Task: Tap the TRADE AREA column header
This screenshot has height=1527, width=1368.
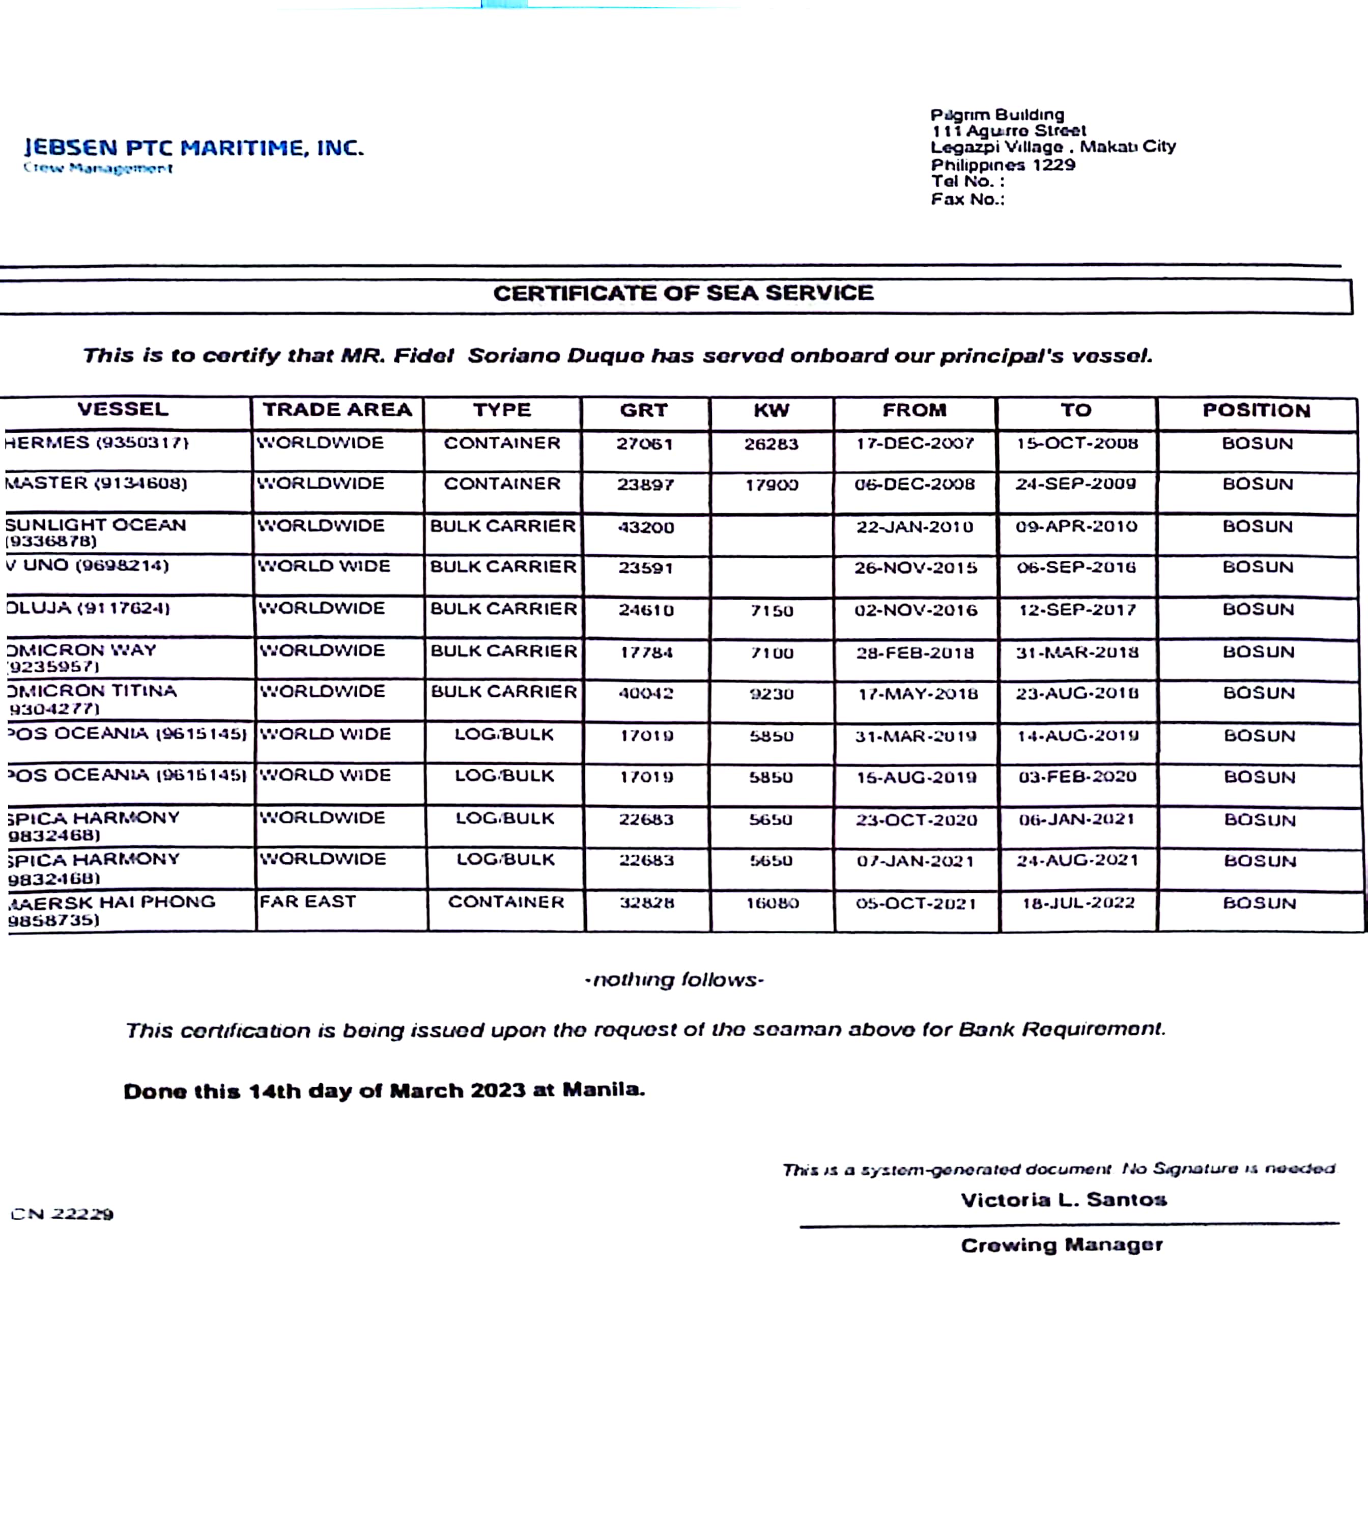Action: (337, 410)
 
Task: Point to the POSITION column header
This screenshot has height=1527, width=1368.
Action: (1256, 410)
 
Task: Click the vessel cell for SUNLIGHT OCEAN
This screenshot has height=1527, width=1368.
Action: (96, 532)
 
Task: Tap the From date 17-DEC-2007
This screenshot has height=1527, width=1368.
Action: (915, 443)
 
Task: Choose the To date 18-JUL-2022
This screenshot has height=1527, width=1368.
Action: (1078, 903)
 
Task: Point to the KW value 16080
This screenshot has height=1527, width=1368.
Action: (772, 903)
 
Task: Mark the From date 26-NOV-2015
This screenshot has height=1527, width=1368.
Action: (916, 568)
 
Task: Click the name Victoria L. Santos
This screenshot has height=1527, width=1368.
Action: (1064, 1200)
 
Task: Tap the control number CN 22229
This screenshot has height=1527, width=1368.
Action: (63, 1214)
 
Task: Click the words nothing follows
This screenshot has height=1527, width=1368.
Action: (674, 980)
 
